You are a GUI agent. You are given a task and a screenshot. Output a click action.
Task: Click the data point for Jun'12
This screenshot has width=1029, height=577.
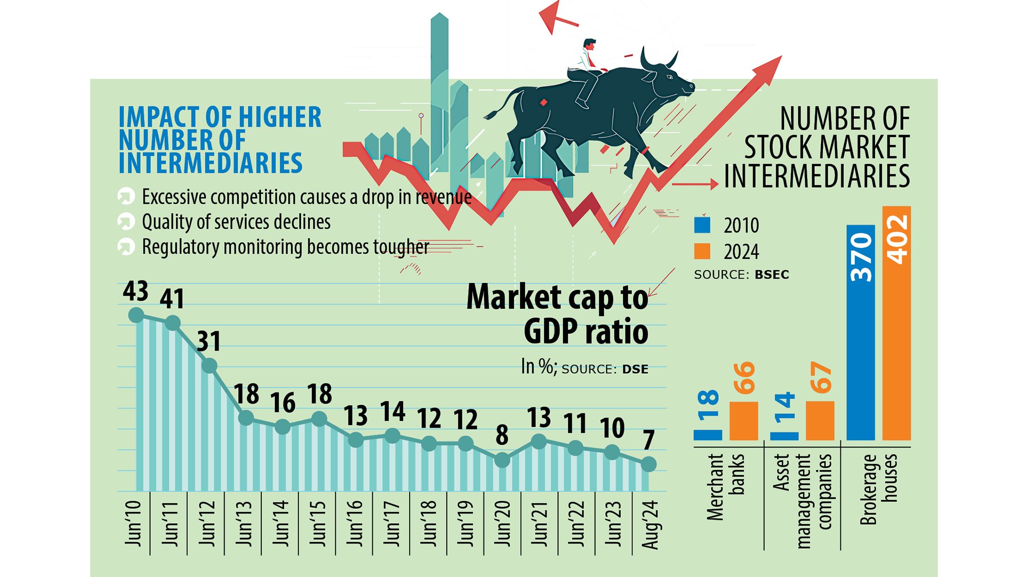209,365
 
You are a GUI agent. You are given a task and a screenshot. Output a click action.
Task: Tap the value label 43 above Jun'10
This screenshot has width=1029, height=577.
135,291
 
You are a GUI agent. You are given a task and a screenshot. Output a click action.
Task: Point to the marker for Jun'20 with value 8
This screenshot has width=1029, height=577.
502,460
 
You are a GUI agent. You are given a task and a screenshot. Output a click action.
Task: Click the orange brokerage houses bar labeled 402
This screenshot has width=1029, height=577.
896,323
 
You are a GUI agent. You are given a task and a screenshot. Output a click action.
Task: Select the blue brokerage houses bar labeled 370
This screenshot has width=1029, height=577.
860,333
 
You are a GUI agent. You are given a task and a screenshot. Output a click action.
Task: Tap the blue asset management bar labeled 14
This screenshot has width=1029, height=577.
784,435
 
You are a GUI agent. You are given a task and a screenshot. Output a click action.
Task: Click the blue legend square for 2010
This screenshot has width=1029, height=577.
702,225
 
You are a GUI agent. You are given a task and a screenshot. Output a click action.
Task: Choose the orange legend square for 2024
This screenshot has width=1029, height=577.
702,251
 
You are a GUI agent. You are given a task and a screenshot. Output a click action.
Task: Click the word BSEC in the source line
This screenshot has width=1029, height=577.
772,275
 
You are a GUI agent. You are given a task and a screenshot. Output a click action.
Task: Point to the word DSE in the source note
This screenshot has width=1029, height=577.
635,369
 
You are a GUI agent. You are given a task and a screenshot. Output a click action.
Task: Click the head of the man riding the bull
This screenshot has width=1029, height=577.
589,45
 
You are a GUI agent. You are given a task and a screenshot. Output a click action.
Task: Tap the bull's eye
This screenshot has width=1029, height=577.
670,77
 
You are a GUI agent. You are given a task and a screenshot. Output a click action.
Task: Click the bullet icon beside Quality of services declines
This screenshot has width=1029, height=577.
126,221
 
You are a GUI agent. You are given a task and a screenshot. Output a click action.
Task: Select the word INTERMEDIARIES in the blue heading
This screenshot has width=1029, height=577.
211,164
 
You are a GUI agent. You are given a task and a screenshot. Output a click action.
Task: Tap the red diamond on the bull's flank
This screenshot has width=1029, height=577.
543,102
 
